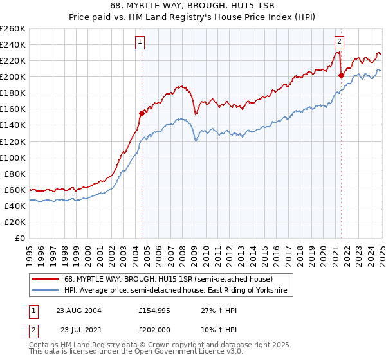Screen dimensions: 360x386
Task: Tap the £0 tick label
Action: tap(20, 238)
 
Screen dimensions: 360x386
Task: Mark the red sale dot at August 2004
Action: tap(142, 113)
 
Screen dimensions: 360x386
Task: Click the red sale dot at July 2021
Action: tap(341, 75)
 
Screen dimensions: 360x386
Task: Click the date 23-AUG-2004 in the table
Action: tap(78, 310)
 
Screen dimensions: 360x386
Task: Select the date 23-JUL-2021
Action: tap(78, 329)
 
